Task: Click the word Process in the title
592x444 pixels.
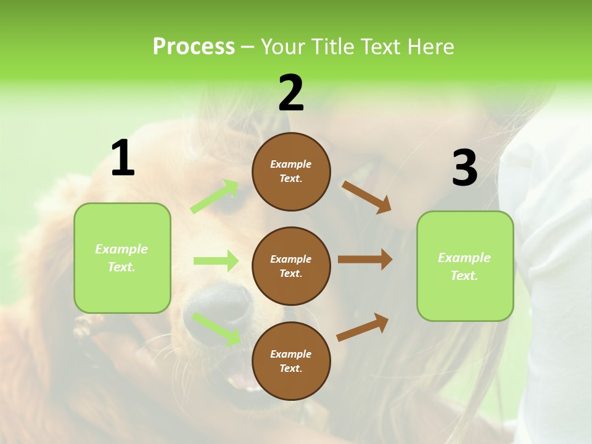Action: click(x=194, y=47)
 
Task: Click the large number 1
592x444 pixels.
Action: click(x=123, y=158)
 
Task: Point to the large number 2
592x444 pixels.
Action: click(x=291, y=93)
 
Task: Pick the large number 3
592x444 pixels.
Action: click(x=464, y=168)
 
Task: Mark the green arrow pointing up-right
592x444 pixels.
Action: click(x=215, y=197)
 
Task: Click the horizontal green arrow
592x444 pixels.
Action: click(x=216, y=261)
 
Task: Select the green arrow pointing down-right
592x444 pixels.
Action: click(x=216, y=329)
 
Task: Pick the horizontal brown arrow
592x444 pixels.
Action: click(x=365, y=260)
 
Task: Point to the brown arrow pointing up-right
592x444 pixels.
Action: click(x=363, y=327)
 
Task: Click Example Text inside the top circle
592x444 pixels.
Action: click(x=291, y=171)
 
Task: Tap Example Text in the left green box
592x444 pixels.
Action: click(x=122, y=258)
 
